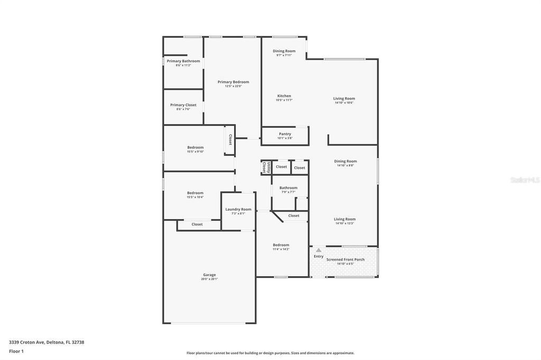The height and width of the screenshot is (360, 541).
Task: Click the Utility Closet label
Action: pos(266,167)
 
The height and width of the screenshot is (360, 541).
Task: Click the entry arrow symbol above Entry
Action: pos(319,250)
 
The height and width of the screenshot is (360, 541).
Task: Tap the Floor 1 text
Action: pos(16,350)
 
